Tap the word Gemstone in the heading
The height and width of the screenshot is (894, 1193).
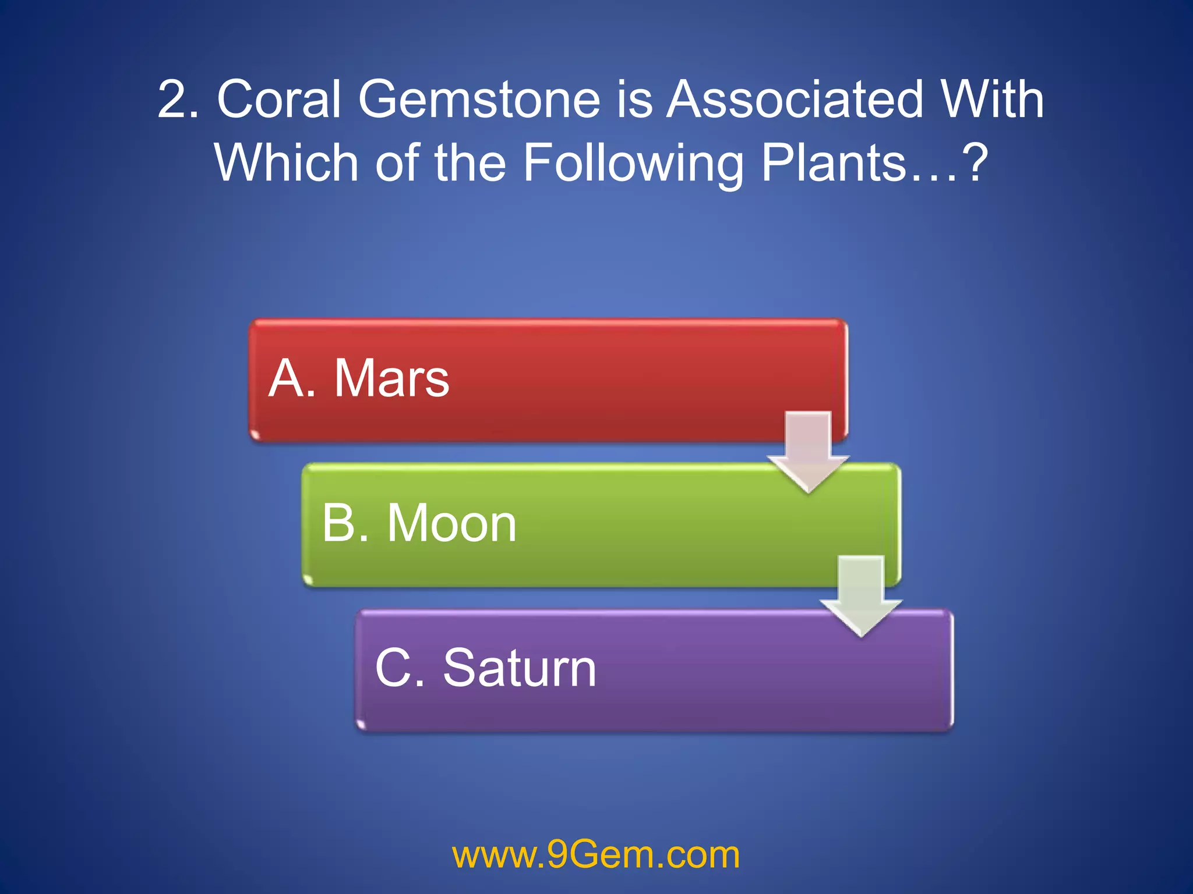pos(479,100)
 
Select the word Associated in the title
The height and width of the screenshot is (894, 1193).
pos(795,100)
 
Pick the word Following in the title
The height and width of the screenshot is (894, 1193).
pos(633,164)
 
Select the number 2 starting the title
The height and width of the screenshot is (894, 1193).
pos(175,100)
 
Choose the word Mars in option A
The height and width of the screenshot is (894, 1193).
pos(391,379)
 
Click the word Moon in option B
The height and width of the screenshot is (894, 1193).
pos(451,524)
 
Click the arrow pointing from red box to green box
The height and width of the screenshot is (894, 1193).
pos(808,451)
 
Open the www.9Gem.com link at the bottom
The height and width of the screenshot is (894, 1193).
pos(596,855)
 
